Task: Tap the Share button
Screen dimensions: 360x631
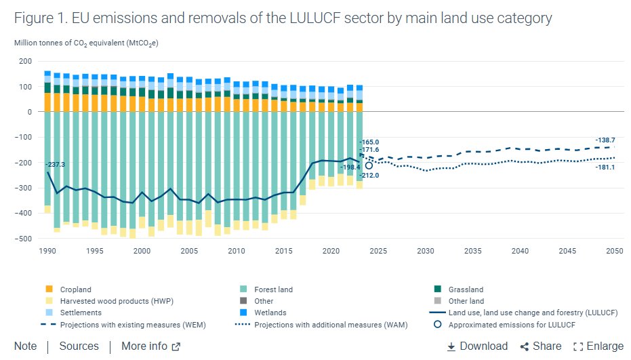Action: [540, 346]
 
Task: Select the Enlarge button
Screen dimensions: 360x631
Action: [598, 346]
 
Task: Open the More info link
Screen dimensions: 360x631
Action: [150, 346]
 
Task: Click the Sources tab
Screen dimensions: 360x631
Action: [79, 346]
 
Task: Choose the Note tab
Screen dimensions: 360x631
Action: [26, 346]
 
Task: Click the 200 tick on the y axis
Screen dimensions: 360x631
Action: [26, 61]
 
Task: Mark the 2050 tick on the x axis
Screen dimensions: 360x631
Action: [614, 251]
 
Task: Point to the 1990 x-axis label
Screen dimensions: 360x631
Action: [47, 251]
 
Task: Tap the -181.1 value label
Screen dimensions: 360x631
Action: [605, 167]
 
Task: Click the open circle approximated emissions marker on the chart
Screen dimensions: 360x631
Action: [369, 165]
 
